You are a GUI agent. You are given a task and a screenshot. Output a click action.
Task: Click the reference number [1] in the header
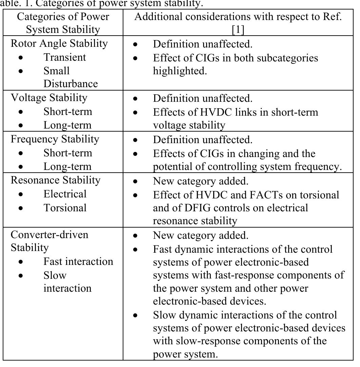click(x=238, y=30)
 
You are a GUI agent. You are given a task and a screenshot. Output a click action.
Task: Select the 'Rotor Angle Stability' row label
click(x=59, y=43)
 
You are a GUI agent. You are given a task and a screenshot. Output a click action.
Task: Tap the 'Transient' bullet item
click(x=65, y=57)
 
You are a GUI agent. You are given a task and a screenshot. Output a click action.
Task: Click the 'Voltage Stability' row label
click(x=49, y=98)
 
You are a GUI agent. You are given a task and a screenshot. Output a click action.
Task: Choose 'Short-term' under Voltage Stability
click(x=68, y=112)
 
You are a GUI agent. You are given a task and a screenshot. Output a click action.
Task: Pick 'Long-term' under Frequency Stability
click(x=67, y=167)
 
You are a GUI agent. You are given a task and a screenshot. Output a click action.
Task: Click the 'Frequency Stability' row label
click(x=55, y=139)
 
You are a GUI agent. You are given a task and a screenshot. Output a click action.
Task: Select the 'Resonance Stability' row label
click(x=56, y=180)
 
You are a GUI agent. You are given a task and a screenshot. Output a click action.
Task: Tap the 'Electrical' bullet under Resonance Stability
click(x=65, y=194)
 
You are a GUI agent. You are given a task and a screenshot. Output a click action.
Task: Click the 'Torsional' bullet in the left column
click(x=65, y=208)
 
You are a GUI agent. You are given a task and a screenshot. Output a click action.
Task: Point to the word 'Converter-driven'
click(x=49, y=235)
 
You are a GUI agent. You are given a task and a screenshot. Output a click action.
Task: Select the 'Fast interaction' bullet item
click(x=78, y=262)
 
